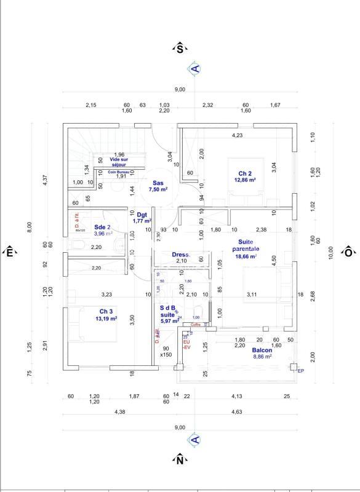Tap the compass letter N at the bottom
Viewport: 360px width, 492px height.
(180, 459)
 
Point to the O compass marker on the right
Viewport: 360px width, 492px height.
(348, 252)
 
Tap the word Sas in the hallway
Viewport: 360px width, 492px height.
(158, 183)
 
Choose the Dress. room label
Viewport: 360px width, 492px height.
(180, 254)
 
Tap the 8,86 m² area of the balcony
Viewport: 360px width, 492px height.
(262, 358)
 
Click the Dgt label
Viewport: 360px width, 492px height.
(142, 215)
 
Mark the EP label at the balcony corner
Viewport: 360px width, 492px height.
(300, 371)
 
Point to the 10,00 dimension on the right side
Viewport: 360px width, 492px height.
(331, 252)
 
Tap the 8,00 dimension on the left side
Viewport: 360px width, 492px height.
(29, 228)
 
